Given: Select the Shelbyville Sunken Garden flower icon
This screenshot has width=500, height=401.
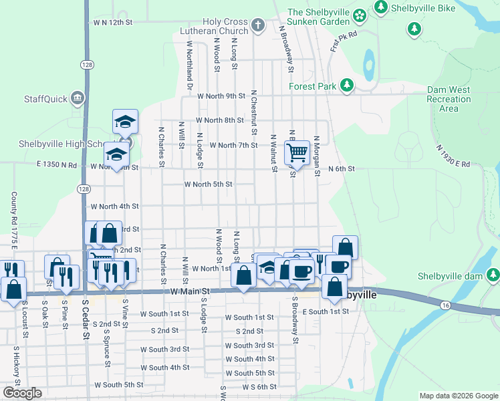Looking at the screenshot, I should pyautogui.click(x=360, y=14).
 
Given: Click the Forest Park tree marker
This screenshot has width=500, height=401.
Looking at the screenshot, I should pyautogui.click(x=346, y=86).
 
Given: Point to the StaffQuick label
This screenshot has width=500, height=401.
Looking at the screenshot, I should pyautogui.click(x=45, y=99).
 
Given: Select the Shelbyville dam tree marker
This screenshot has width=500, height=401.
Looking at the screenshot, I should pyautogui.click(x=493, y=275).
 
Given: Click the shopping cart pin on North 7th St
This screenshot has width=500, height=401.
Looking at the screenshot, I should pyautogui.click(x=297, y=152).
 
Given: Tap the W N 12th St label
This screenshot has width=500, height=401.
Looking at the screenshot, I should pyautogui.click(x=113, y=22).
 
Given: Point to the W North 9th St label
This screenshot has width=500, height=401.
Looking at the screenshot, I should pyautogui.click(x=221, y=96).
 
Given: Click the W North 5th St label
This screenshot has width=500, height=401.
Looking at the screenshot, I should pyautogui.click(x=208, y=184).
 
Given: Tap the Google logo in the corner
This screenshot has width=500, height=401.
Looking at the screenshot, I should pyautogui.click(x=22, y=393).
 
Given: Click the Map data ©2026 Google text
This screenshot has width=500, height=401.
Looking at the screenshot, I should pyautogui.click(x=458, y=396).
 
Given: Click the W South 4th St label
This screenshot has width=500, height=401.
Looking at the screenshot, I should pyautogui.click(x=164, y=368).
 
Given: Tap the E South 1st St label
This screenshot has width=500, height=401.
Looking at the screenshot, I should pyautogui.click(x=326, y=312).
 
